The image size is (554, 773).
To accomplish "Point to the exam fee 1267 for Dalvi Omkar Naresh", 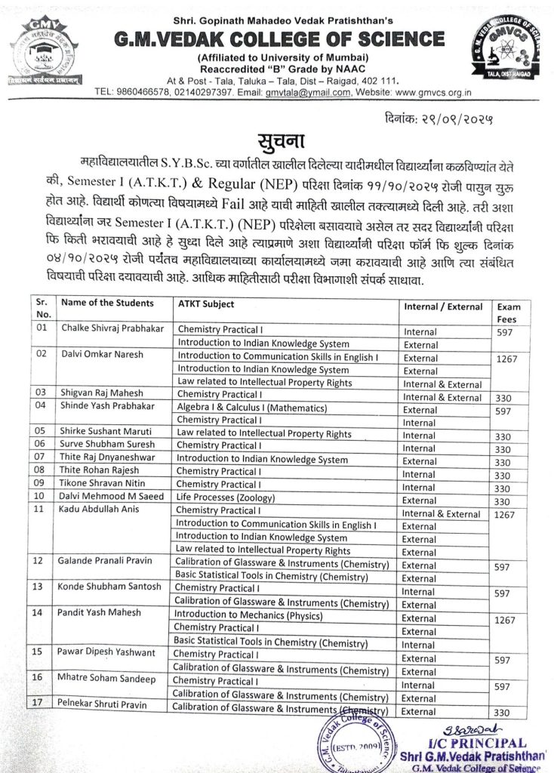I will [x=507, y=359].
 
